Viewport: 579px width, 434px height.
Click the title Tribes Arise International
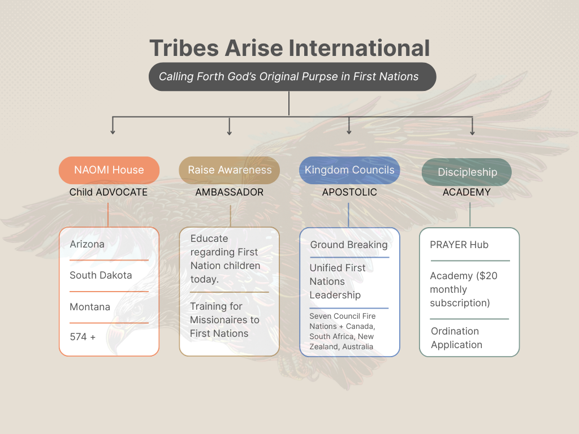point(289,48)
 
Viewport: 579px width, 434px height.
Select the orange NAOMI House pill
point(109,170)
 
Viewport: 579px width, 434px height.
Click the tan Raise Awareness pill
point(230,170)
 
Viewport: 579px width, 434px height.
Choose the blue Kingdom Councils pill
point(349,170)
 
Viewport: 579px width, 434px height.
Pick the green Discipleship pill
point(467,172)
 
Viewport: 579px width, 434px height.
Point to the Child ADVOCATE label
point(109,192)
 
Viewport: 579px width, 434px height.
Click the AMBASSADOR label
point(230,192)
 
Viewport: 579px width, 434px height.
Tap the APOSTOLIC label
point(349,192)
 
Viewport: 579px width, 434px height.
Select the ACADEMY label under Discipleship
point(466,192)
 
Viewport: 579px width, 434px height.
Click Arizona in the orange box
point(87,244)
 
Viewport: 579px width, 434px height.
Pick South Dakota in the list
point(101,275)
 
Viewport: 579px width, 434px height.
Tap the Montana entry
point(90,307)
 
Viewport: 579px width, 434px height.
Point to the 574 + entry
point(83,337)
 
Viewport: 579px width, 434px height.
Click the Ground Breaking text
point(349,245)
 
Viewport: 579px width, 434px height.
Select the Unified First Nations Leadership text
point(337,281)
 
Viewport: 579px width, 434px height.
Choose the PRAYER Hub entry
point(459,245)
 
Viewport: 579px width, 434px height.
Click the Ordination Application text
point(456,338)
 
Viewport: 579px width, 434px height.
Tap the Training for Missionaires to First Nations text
point(224,320)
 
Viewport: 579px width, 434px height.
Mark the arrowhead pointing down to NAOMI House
point(113,132)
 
